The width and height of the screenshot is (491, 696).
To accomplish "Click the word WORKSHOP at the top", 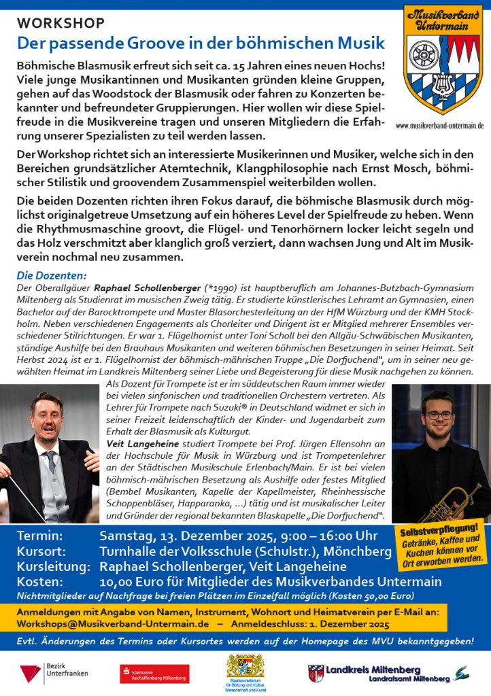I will (61, 24).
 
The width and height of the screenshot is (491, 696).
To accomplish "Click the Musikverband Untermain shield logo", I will (443, 60).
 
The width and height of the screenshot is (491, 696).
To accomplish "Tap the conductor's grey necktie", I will (50, 462).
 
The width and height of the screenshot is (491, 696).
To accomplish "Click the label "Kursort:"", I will (41, 551).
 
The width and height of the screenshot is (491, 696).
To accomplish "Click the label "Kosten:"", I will (39, 581).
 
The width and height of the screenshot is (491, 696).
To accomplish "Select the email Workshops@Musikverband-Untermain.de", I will (112, 623).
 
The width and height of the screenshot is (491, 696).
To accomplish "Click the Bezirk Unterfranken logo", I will (45, 674).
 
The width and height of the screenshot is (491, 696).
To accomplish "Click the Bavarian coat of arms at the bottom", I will (245, 666).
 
